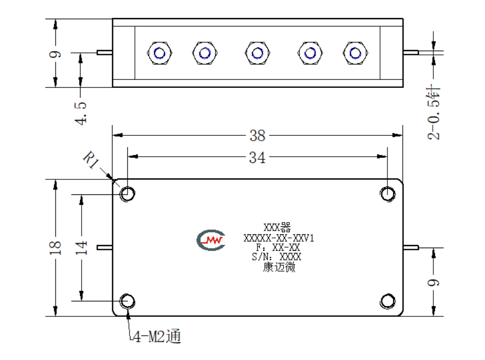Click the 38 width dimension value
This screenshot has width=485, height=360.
(257, 136)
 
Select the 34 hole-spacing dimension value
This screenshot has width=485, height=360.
(257, 158)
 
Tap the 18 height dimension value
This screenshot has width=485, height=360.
(55, 248)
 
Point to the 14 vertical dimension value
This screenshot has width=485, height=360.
(81, 248)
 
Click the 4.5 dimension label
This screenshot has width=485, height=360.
(80, 113)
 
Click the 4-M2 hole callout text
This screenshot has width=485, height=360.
(157, 336)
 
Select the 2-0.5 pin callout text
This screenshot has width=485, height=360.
(434, 113)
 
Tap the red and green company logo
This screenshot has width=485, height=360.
(211, 240)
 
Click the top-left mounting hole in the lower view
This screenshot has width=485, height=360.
(127, 194)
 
